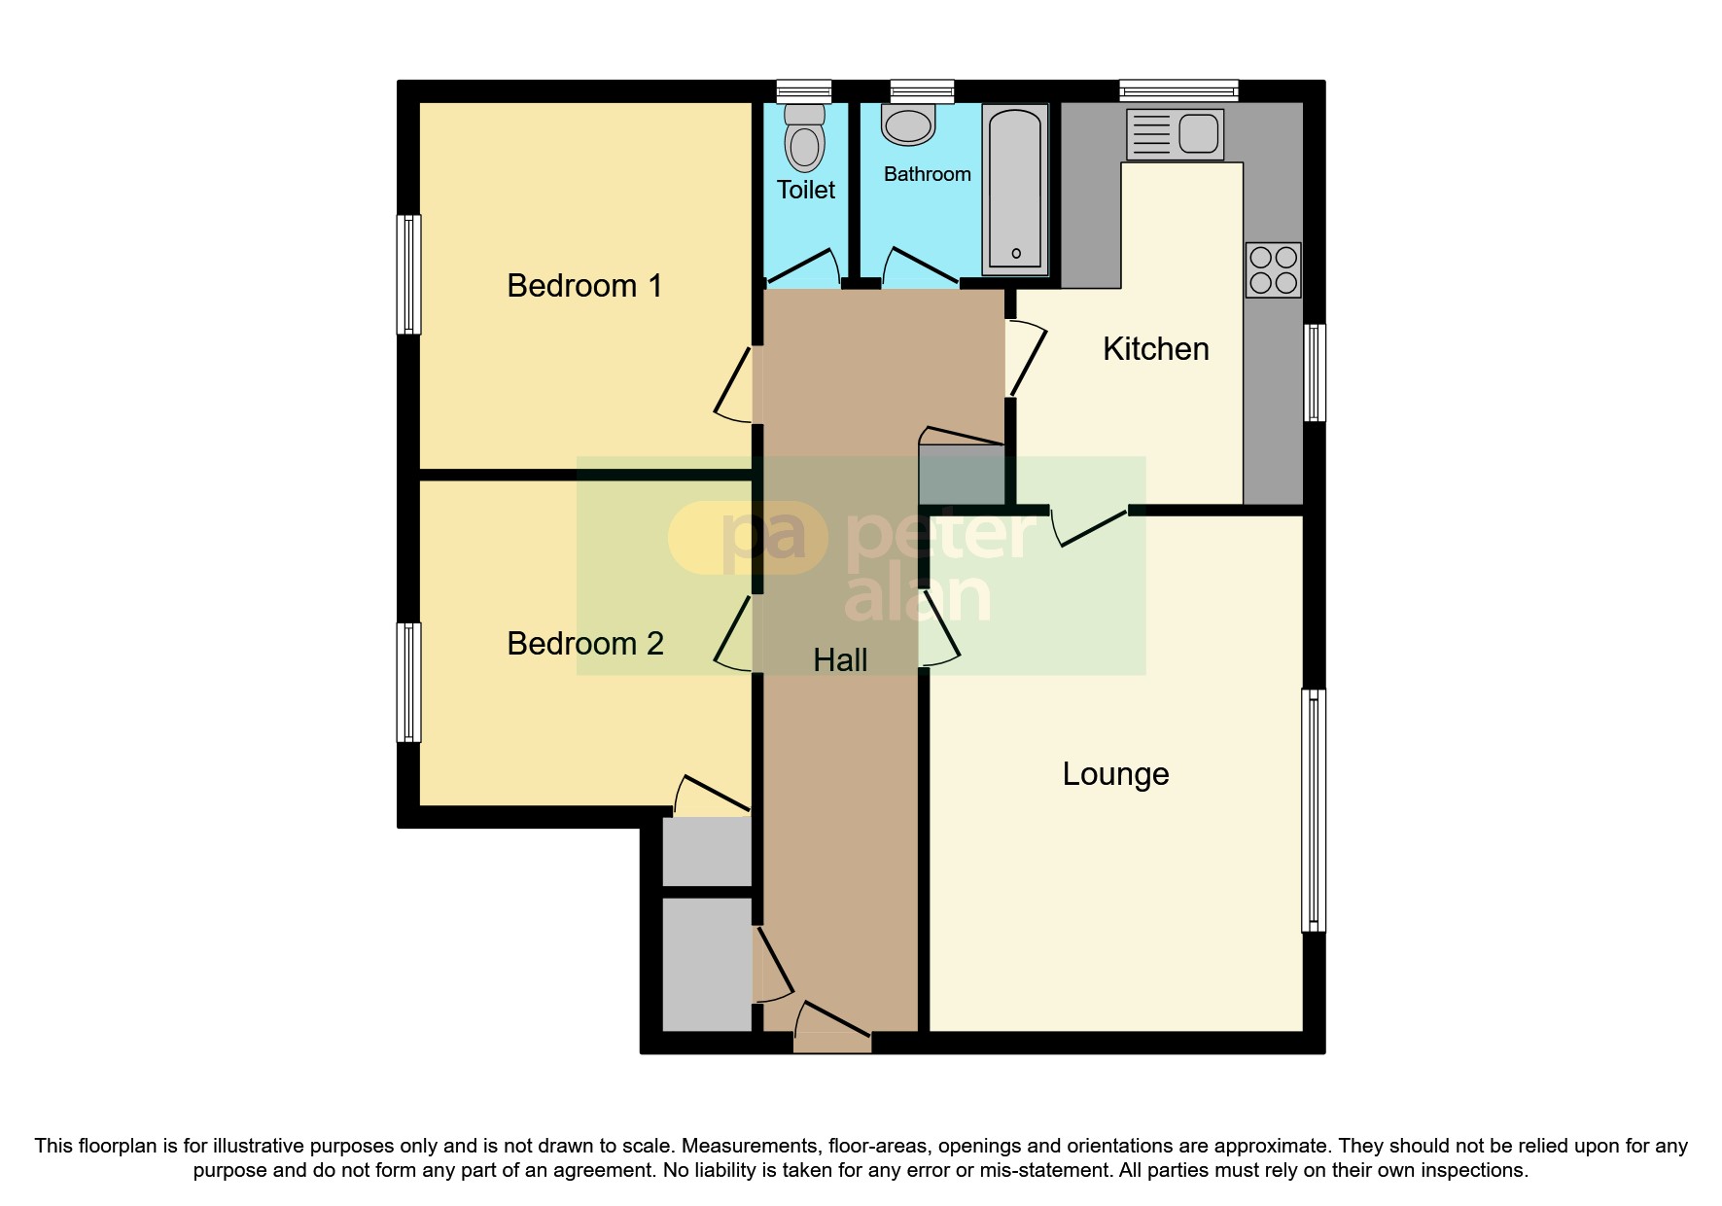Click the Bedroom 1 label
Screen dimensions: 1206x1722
(584, 286)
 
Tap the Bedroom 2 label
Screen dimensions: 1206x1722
(584, 644)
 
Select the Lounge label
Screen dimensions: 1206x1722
(1115, 774)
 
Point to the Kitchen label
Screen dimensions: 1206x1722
(1155, 349)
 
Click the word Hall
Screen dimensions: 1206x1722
(840, 660)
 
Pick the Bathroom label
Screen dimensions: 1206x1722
(927, 174)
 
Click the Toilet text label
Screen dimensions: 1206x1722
(805, 190)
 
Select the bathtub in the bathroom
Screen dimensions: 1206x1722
(1015, 189)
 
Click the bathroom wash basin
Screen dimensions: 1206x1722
(908, 125)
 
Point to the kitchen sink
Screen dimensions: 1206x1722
(1175, 134)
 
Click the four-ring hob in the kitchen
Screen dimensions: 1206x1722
(1273, 269)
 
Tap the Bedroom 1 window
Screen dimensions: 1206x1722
(409, 274)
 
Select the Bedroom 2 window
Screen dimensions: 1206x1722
(409, 683)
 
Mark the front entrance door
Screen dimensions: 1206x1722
(832, 1042)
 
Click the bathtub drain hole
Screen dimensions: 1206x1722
(1016, 254)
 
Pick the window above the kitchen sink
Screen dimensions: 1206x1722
(1178, 91)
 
